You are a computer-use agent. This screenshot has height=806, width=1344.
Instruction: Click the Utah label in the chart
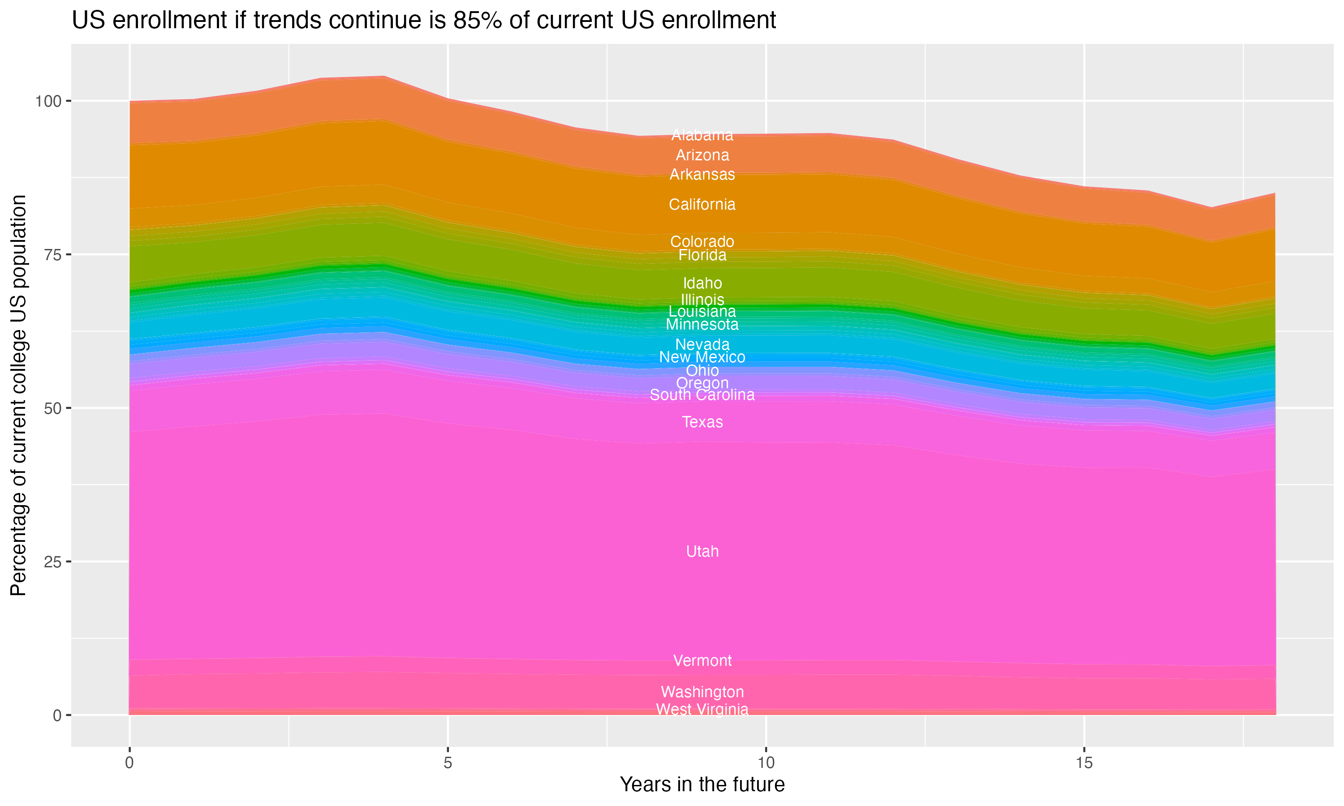click(x=702, y=551)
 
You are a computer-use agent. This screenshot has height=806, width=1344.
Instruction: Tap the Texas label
click(x=702, y=422)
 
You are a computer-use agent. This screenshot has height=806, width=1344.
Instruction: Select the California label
click(x=702, y=204)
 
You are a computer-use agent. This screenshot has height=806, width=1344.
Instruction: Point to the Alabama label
click(x=702, y=135)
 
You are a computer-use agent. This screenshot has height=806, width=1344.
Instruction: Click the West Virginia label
click(x=702, y=709)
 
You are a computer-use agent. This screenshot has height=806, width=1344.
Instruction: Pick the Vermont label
click(x=702, y=660)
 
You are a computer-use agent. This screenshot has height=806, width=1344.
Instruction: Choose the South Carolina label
click(x=702, y=395)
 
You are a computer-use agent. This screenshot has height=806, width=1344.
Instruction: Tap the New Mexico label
click(x=702, y=357)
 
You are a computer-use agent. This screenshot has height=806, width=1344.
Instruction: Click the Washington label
click(x=702, y=692)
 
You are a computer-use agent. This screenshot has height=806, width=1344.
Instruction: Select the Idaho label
click(x=702, y=283)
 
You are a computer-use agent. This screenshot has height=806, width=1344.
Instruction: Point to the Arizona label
click(x=702, y=155)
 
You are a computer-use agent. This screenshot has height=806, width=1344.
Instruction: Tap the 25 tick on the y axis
click(x=53, y=562)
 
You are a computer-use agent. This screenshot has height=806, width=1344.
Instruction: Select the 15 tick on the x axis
click(x=1084, y=763)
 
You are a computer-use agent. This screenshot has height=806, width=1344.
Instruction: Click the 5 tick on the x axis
click(x=448, y=763)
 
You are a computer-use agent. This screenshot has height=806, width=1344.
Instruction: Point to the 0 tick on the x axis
click(x=129, y=763)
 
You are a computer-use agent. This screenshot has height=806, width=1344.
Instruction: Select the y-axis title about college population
click(x=18, y=395)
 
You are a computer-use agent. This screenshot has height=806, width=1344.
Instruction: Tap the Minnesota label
click(x=702, y=325)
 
